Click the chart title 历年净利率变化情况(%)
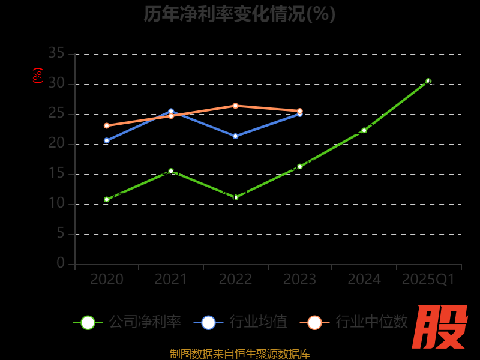tap(239, 13)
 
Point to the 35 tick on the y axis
tap(56, 53)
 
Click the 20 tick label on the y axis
tap(56, 143)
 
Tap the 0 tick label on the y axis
tap(61, 263)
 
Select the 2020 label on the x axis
tap(107, 280)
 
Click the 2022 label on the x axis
tap(235, 280)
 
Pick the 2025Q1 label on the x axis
tap(428, 280)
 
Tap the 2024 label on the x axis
tap(364, 280)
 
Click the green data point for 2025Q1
tap(428, 81)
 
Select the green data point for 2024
tap(364, 130)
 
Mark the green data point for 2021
tap(171, 171)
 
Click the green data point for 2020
tap(107, 199)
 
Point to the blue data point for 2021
tap(171, 111)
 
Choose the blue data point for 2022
tap(235, 136)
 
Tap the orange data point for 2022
tap(235, 106)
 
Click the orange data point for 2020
tap(107, 125)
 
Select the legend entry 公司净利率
tap(127, 322)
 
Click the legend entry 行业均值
tap(240, 322)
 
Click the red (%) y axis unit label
tap(38, 76)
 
